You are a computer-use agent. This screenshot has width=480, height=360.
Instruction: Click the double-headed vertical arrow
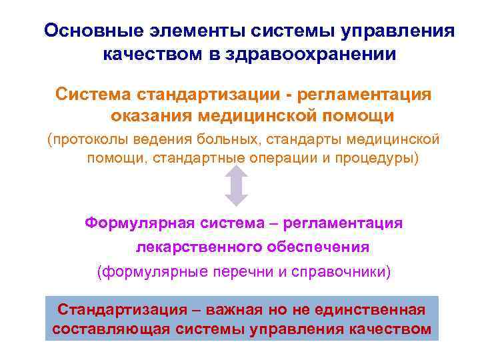coord(237,186)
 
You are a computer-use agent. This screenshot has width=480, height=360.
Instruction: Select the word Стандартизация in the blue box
coord(122,309)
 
